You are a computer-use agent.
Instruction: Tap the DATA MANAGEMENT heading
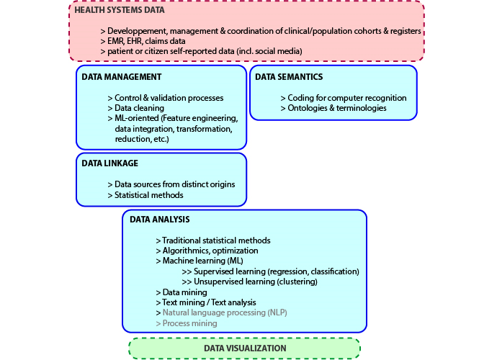[121, 76]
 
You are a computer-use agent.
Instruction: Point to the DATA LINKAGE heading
[109, 163]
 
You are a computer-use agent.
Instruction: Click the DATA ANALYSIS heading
[159, 219]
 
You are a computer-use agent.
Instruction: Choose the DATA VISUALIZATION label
[245, 348]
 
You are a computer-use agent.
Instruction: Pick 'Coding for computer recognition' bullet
[343, 98]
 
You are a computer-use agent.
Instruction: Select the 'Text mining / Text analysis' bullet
[205, 302]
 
